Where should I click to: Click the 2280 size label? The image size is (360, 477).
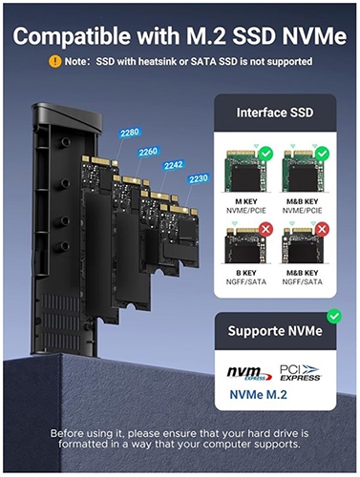(x=130, y=133)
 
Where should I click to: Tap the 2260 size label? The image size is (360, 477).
(x=148, y=152)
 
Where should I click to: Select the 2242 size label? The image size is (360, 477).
(x=174, y=165)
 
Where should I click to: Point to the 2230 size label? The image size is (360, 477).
(x=199, y=179)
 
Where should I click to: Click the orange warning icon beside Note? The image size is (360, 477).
(x=54, y=61)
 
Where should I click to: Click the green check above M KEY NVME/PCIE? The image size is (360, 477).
(x=266, y=154)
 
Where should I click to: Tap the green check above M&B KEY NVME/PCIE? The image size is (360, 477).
(x=322, y=154)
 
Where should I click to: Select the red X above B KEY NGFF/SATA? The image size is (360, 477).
(x=265, y=229)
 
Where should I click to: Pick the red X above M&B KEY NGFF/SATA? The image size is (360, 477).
(x=322, y=229)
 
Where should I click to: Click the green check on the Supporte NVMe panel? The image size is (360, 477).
(x=334, y=317)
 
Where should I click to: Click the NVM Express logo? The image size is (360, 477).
(x=249, y=373)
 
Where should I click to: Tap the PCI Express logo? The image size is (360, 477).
(x=300, y=373)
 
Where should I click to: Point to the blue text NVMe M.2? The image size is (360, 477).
(x=259, y=395)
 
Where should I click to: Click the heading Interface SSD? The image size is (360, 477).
(x=275, y=113)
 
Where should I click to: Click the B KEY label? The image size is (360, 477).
(x=246, y=273)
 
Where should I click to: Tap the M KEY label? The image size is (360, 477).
(x=246, y=201)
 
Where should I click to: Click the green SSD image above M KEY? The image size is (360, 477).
(x=246, y=171)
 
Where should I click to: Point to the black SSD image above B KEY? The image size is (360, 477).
(x=245, y=245)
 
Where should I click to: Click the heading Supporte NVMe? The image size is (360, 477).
(x=275, y=331)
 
